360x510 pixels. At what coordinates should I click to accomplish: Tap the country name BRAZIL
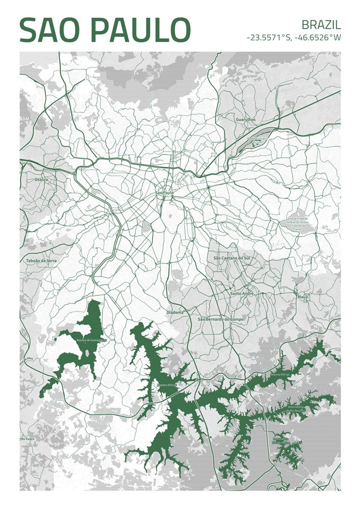point(321,24)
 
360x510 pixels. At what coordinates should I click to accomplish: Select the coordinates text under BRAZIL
point(293,37)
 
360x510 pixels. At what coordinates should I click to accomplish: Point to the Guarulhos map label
point(246,119)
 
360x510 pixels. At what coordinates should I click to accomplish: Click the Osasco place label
point(41,180)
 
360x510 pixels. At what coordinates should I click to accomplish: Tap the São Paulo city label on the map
point(164,193)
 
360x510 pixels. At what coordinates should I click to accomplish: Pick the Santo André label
point(242,293)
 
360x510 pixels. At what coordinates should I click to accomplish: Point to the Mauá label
point(302,296)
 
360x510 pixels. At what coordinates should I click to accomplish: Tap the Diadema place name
point(175,311)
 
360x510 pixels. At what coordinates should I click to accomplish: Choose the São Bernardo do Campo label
point(221,319)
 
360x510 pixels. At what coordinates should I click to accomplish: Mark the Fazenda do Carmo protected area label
point(297,223)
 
